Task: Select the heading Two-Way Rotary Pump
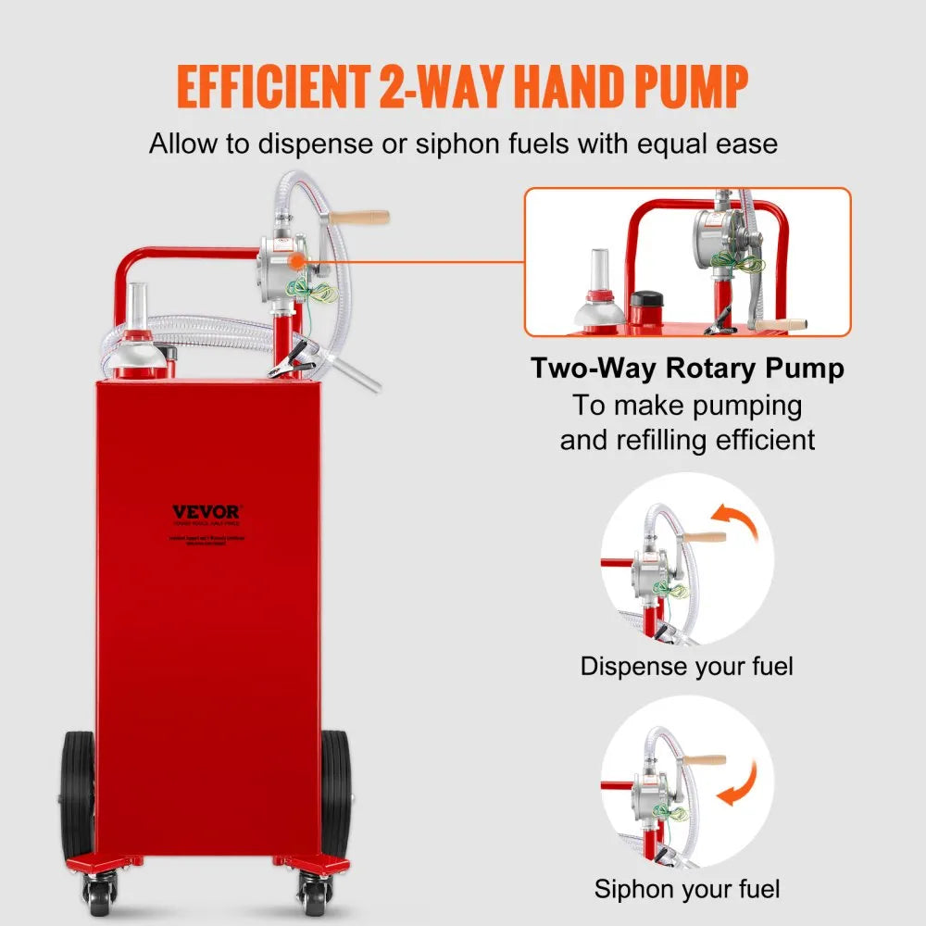click(x=687, y=369)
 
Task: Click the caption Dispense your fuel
click(x=687, y=666)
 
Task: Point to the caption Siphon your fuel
click(x=687, y=890)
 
